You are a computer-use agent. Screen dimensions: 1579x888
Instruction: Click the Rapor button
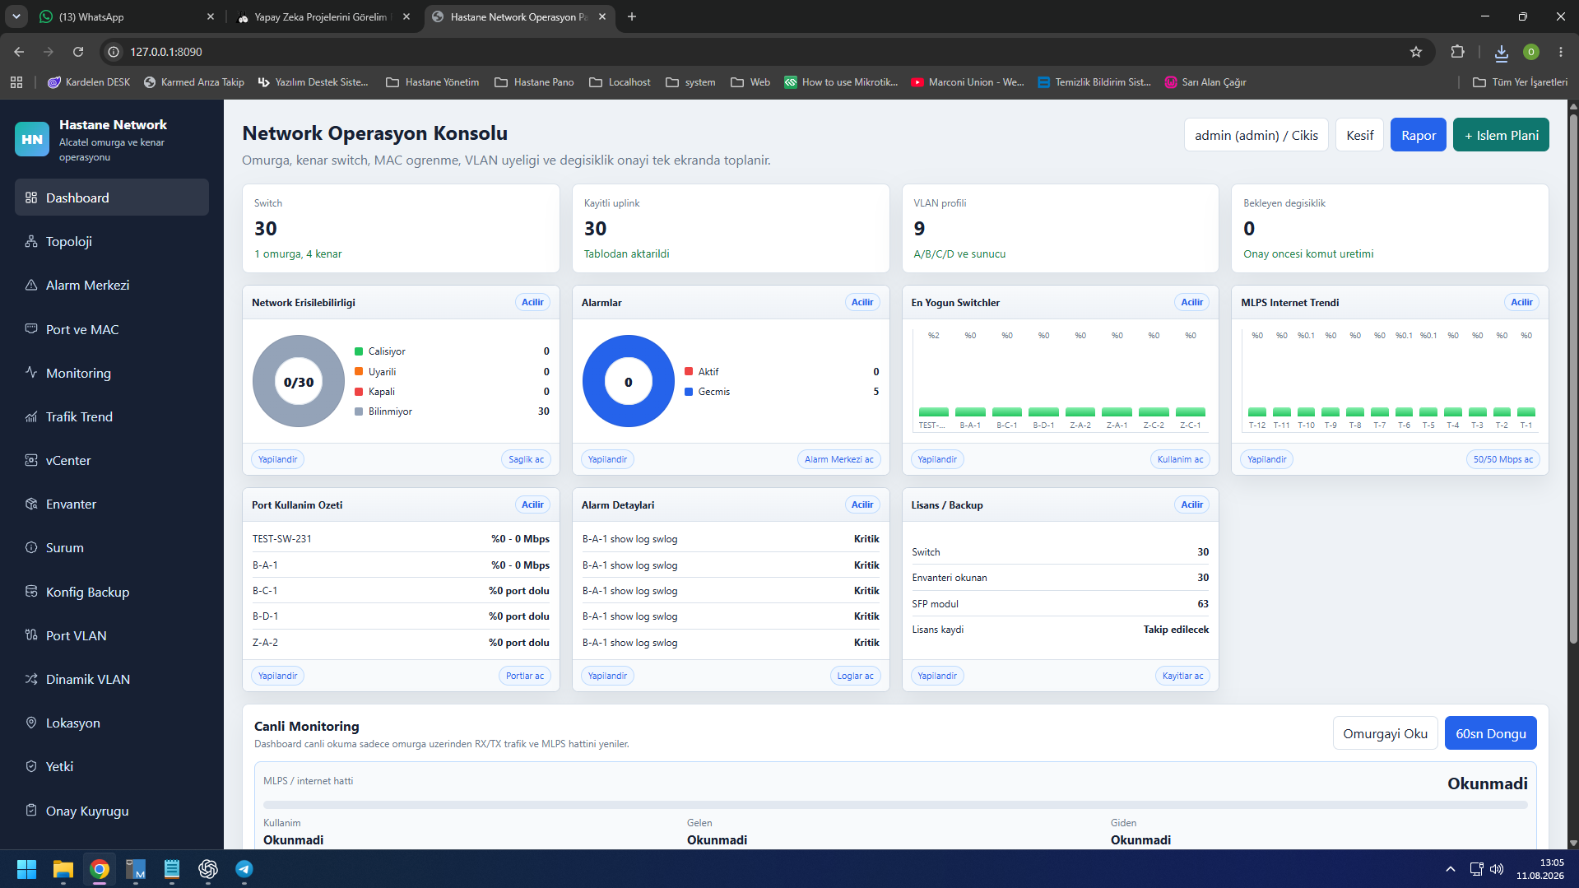(x=1418, y=135)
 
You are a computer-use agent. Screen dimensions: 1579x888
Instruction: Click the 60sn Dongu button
(x=1490, y=733)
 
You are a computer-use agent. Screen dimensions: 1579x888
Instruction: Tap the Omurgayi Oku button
(x=1385, y=733)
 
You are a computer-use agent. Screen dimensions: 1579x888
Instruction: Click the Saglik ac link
(x=526, y=459)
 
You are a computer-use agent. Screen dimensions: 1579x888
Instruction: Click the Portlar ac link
(x=525, y=676)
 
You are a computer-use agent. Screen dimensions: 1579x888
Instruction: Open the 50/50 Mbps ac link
(x=1502, y=459)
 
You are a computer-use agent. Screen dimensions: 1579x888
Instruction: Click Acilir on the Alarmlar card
(x=861, y=302)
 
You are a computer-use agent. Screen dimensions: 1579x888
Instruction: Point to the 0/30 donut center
(x=299, y=382)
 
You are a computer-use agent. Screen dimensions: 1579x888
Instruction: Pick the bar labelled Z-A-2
(x=1080, y=411)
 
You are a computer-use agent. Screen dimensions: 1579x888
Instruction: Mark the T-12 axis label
(x=1256, y=425)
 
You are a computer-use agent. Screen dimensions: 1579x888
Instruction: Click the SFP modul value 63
(x=1203, y=604)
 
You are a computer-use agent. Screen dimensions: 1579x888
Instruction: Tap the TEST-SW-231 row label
(x=282, y=539)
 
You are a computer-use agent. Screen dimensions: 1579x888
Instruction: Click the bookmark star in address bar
(x=1416, y=52)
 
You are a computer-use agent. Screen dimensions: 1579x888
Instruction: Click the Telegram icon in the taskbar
(x=244, y=869)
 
